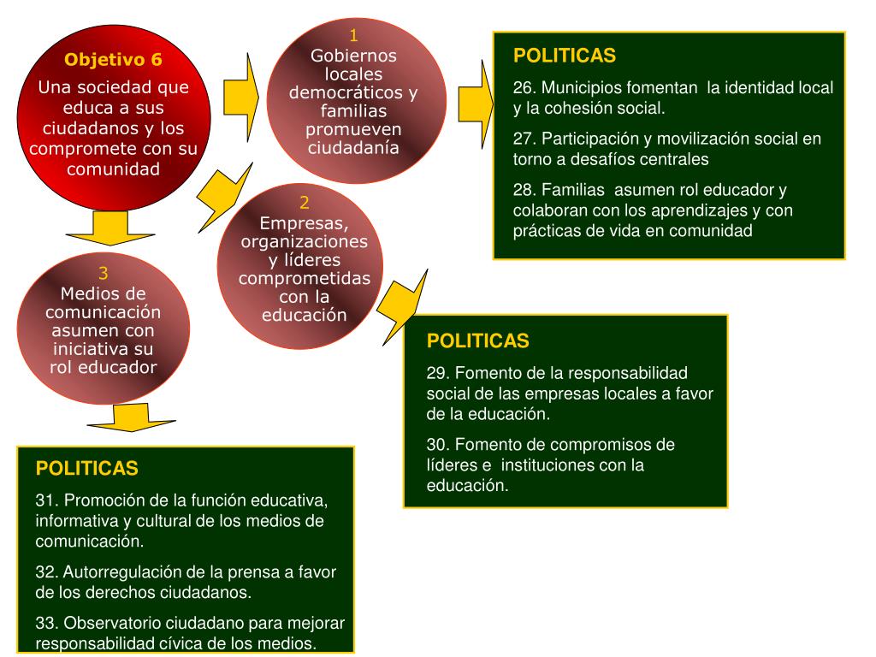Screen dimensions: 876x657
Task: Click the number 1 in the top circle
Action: tap(354, 35)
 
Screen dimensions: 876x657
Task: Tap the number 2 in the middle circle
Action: tap(305, 204)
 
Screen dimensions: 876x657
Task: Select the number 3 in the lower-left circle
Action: tap(104, 274)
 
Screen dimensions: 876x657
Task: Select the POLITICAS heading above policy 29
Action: tap(478, 341)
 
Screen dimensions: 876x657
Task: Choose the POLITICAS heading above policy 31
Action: tap(86, 469)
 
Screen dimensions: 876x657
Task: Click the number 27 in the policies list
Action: tap(524, 139)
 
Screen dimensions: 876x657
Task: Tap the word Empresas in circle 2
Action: tap(305, 224)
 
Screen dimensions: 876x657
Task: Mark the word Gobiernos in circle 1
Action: tap(354, 56)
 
